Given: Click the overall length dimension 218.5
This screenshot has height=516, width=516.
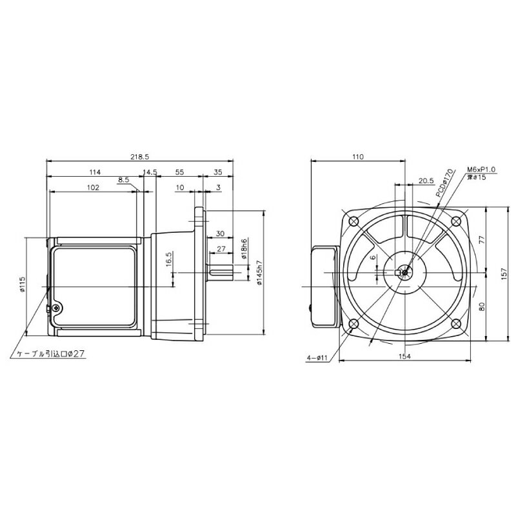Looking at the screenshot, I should [140, 156].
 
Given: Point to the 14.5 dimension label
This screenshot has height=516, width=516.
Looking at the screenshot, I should [150, 172].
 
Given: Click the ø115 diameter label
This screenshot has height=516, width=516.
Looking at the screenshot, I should [23, 284].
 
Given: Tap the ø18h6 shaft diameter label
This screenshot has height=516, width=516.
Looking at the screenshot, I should [244, 248].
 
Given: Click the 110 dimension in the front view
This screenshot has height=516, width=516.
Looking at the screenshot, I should [359, 156].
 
